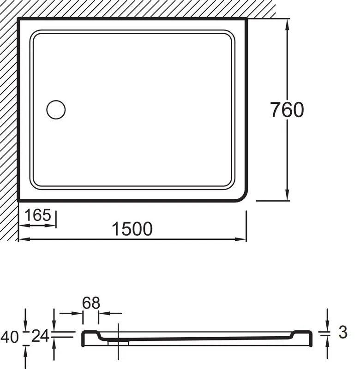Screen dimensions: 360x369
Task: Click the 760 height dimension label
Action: point(287,110)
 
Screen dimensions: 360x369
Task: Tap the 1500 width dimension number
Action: point(132,229)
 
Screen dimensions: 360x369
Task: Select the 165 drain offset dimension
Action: point(38,215)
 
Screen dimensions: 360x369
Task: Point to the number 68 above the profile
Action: point(91,303)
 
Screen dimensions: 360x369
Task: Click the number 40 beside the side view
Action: point(9,337)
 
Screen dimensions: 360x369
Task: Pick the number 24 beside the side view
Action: point(40,336)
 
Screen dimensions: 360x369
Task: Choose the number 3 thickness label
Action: point(343,332)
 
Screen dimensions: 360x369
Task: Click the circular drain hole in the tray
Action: point(56,110)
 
